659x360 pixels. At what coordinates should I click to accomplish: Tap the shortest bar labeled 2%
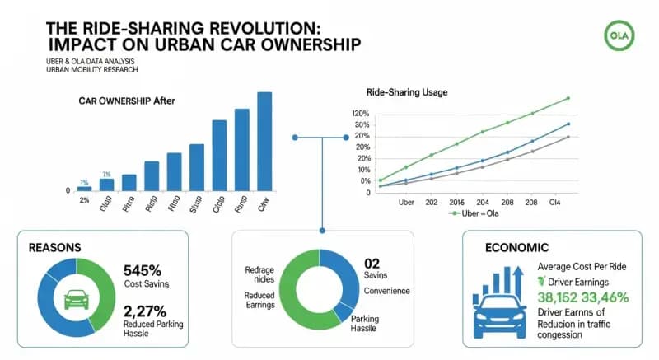pos(84,189)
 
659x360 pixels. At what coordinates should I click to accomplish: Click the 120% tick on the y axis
pos(361,114)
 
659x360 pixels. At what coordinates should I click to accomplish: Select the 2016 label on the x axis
pos(457,202)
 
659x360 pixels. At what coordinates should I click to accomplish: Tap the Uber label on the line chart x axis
pos(406,202)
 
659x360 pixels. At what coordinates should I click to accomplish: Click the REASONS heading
pos(55,246)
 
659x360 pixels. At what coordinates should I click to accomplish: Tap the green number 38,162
pos(560,298)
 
